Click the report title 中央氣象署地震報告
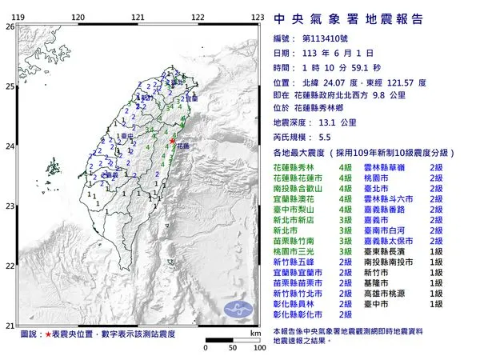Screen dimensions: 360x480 tap(349, 18)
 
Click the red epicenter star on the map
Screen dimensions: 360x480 tap(173, 141)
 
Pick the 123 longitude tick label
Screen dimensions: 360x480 tap(258, 16)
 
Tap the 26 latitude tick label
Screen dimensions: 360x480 tap(9, 26)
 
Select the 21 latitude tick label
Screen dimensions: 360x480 tap(9, 325)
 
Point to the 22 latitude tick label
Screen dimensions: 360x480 tap(9, 266)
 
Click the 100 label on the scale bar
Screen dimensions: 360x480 tap(259, 349)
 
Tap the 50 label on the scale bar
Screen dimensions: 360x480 tap(232, 349)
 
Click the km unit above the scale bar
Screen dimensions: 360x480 tap(254, 332)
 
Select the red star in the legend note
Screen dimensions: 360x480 tap(50, 333)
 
